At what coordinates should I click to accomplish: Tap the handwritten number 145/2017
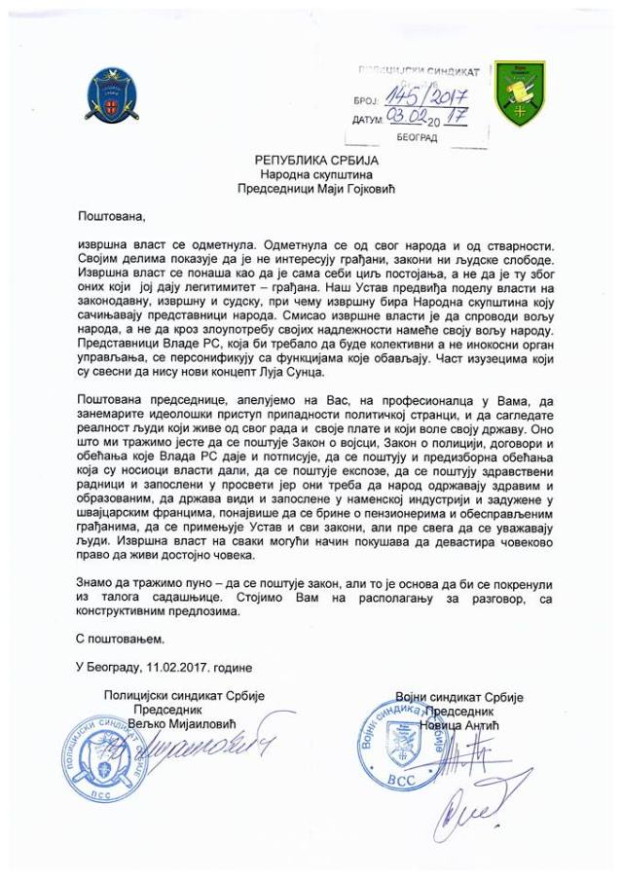coord(425,97)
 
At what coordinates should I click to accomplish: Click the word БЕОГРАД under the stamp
coord(418,138)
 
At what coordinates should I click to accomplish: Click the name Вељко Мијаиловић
coord(185,724)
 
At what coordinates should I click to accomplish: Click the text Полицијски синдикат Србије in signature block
coord(185,695)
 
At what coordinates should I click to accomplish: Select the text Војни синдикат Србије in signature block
coord(459,698)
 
